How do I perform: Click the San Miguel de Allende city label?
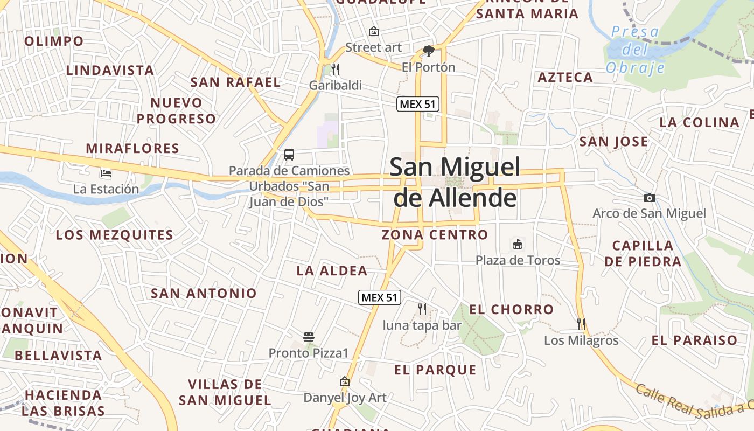tap(455, 182)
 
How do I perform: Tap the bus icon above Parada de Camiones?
tap(289, 155)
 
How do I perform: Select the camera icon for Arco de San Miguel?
tap(650, 198)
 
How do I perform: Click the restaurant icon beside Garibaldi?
tap(335, 69)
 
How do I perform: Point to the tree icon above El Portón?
tap(429, 51)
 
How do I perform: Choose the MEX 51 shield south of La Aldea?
tap(380, 297)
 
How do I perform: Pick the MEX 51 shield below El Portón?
tap(418, 104)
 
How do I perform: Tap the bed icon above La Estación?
tap(106, 173)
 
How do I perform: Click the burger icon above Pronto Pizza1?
tap(309, 337)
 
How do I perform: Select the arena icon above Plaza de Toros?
tap(518, 244)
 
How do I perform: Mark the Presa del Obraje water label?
tap(635, 50)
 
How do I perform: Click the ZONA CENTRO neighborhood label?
tap(435, 235)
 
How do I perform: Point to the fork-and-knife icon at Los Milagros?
tap(581, 324)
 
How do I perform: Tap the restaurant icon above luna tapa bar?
tap(422, 309)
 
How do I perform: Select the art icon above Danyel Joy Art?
tap(345, 382)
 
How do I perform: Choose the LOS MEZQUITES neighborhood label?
tap(115, 235)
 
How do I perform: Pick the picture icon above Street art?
tap(373, 31)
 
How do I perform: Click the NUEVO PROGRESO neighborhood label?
tap(176, 110)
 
